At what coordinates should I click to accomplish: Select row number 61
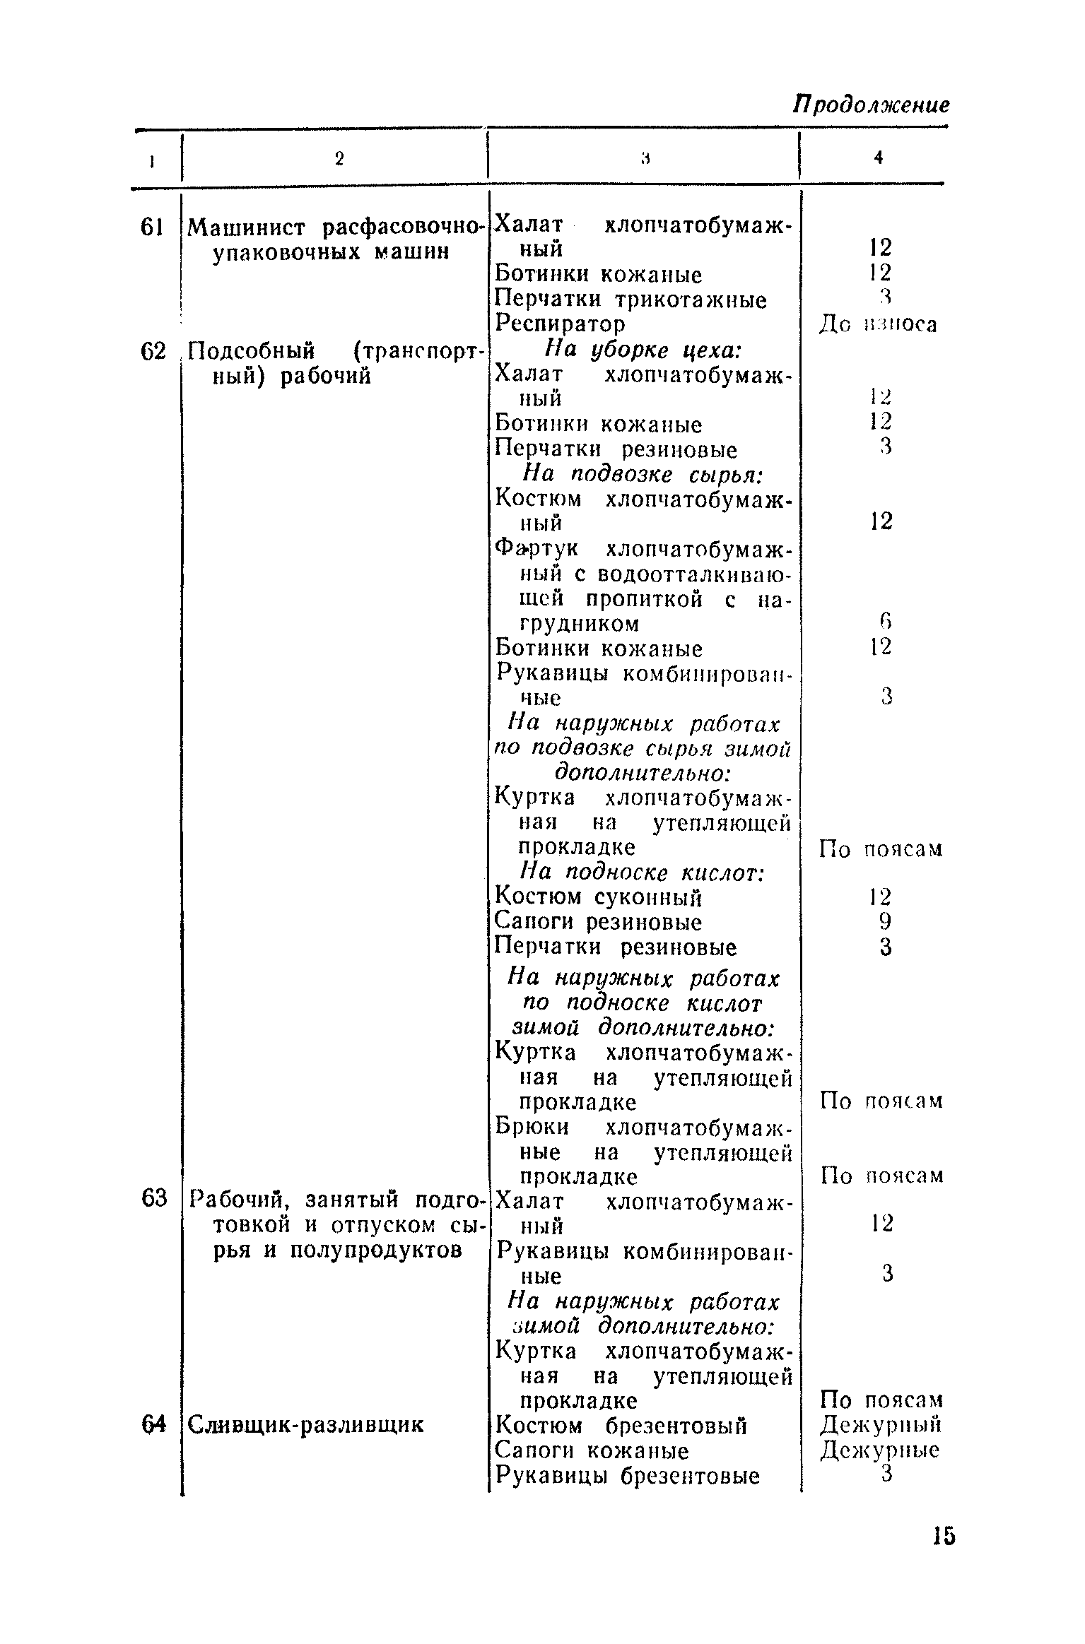tap(153, 227)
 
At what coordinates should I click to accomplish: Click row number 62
tap(153, 352)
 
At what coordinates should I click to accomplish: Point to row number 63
tap(153, 1199)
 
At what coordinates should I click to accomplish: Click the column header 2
tap(339, 160)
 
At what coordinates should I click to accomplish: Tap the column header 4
tap(879, 159)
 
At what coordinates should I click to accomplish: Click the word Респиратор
tap(560, 324)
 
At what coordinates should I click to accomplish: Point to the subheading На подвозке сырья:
tap(642, 475)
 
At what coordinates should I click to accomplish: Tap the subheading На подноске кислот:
tap(642, 873)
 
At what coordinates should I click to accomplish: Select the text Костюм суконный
tap(599, 898)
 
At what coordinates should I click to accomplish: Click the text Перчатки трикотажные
tap(631, 300)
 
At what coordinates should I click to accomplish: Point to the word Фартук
tap(537, 549)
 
